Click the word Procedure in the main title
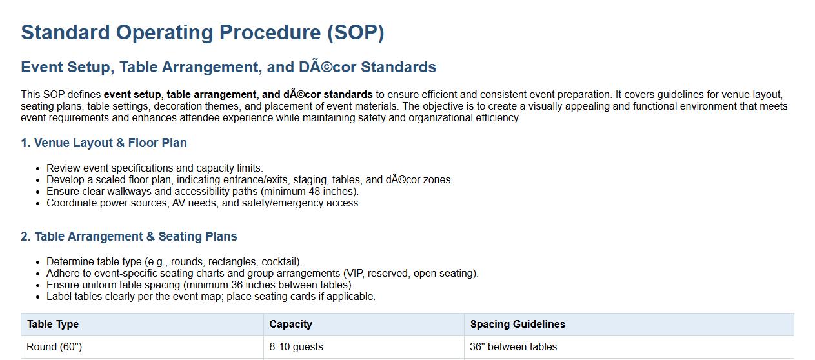(x=270, y=32)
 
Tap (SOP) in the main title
(x=356, y=33)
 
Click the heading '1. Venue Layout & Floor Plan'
(x=104, y=143)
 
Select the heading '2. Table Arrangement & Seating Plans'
(x=129, y=236)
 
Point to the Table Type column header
(x=53, y=325)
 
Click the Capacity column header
(x=291, y=325)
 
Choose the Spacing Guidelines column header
(x=518, y=325)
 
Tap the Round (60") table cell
(x=54, y=347)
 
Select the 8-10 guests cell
(x=296, y=347)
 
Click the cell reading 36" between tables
(x=514, y=347)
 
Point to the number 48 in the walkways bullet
(x=315, y=191)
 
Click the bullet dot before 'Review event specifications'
(x=38, y=169)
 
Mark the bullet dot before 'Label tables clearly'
(x=38, y=297)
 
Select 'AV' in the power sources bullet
(x=178, y=203)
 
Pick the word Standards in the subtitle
(x=398, y=67)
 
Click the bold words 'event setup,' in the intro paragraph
(x=134, y=95)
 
